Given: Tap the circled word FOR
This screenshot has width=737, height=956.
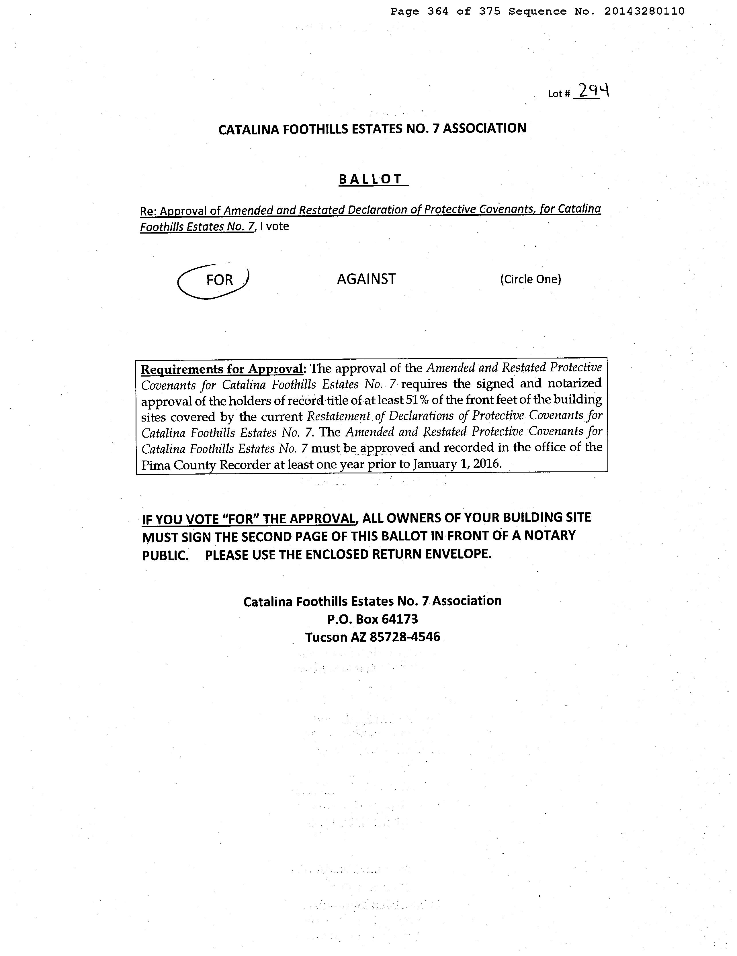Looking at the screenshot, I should click(x=219, y=280).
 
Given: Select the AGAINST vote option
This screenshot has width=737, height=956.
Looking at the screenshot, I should click(x=366, y=279).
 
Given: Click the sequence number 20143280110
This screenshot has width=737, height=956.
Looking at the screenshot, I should click(x=644, y=11).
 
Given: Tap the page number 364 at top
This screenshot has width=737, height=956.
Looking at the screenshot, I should click(x=437, y=11).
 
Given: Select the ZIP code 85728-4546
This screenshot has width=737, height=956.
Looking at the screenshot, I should click(x=405, y=637).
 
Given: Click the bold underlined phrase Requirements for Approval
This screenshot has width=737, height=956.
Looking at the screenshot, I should click(x=222, y=369).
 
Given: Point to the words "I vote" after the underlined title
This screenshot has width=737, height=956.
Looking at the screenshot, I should click(x=275, y=226).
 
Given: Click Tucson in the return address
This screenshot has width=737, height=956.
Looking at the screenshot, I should click(x=326, y=637).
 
